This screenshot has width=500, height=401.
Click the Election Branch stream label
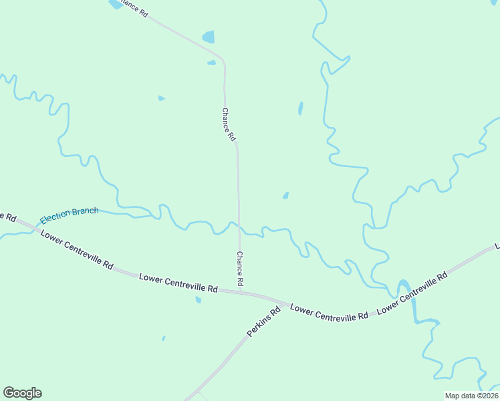coord(69,215)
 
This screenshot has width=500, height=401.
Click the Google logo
coord(22,393)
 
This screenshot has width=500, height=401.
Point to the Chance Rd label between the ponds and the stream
coord(229,124)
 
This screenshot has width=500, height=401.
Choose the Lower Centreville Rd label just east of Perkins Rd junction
coord(330,311)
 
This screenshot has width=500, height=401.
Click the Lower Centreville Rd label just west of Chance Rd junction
coord(178,283)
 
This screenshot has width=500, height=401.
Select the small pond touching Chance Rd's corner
coord(212,63)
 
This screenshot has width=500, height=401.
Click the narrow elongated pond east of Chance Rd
coord(300,108)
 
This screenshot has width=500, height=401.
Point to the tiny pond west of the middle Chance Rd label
coord(161,98)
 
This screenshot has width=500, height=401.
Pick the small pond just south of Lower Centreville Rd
coord(198,299)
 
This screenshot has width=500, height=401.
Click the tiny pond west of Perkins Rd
coord(163,338)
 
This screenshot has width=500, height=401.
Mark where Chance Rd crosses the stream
coord(239,228)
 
